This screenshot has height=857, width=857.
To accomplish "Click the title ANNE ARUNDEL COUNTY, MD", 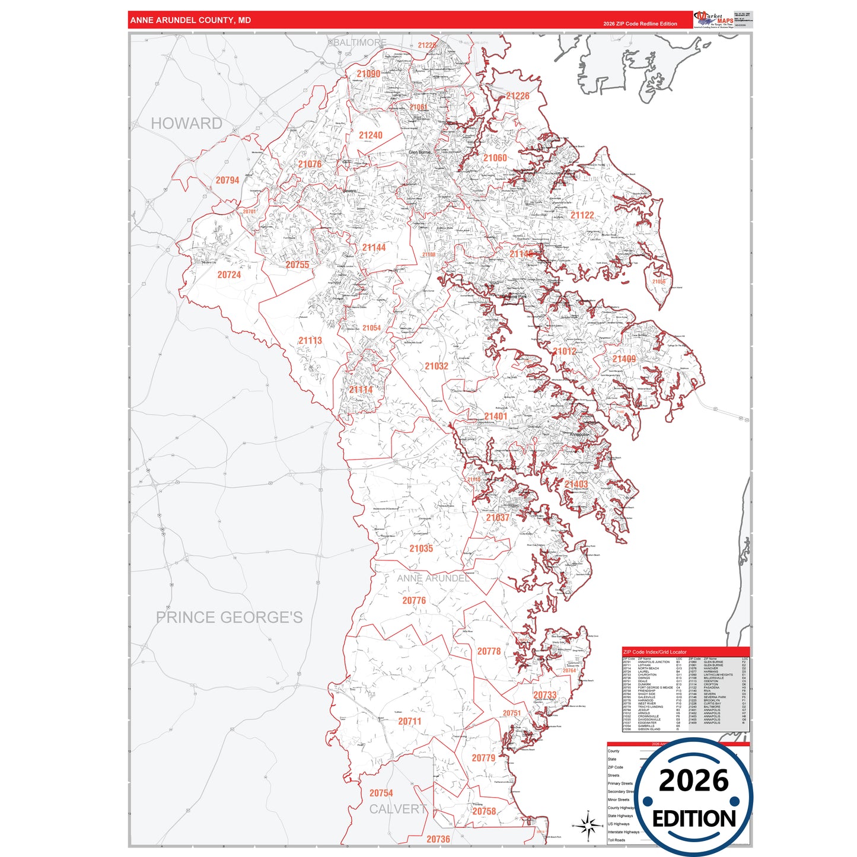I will pos(190,20).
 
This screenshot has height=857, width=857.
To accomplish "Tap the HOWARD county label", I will pos(186,123).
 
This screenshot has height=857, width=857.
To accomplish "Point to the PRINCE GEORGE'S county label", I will pos(229,617).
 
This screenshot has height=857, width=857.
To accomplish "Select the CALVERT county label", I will pos(398,809).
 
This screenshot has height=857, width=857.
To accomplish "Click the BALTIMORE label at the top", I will pos(359,43).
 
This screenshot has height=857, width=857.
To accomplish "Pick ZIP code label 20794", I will pos(227,180).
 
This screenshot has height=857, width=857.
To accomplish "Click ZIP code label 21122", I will pos(582,215).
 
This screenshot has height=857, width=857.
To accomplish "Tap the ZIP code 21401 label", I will pos(495,416).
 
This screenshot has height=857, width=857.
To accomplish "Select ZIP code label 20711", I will pos(409,721).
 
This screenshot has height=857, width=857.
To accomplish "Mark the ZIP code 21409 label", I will pos(624,359).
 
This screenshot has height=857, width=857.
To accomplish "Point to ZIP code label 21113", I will pos(310,340).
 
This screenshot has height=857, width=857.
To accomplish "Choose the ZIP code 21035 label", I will pos(421,549).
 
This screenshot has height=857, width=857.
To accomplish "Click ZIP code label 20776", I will pos(414,601).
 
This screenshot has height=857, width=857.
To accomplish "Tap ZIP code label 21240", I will pos(370,135).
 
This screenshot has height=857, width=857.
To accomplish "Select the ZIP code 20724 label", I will pos(229,275).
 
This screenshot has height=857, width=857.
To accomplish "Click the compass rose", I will pos(588,825).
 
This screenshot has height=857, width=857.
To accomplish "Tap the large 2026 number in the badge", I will pos(693,780).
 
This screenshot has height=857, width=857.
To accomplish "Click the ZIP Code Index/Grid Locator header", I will pos(655,652).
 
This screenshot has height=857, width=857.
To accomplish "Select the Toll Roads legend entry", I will pos(616,840).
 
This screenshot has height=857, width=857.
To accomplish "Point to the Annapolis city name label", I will pos(579,435).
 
